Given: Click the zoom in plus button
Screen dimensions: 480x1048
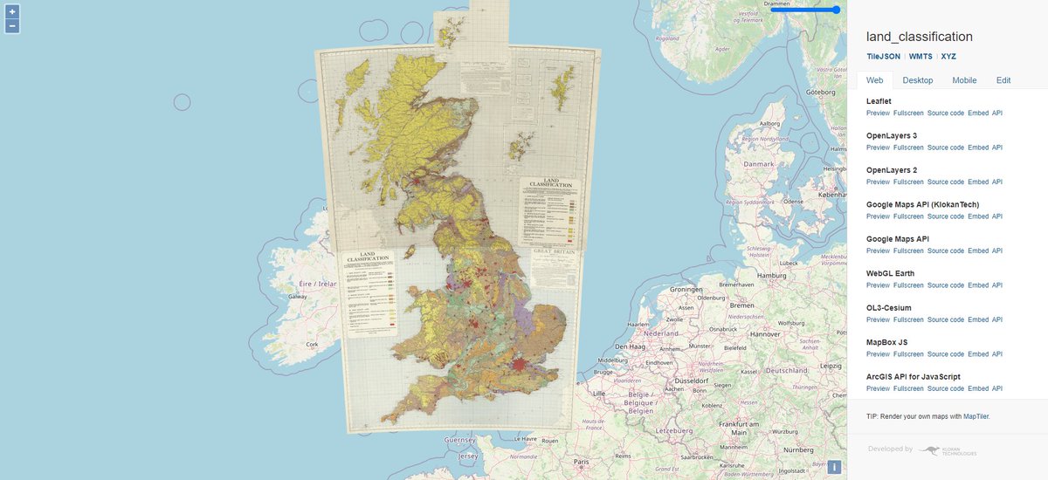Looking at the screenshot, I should (x=12, y=12).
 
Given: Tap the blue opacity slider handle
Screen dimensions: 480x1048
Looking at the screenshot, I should (x=836, y=10).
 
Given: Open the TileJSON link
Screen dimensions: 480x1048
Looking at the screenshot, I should (x=883, y=56).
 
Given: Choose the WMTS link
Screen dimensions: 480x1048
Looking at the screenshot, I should (x=920, y=56).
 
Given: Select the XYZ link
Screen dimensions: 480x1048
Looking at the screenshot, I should (x=948, y=56).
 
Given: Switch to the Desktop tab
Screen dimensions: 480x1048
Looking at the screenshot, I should (x=917, y=80).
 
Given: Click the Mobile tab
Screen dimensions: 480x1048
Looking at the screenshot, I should (x=964, y=80).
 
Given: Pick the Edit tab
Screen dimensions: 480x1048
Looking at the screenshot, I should (x=1003, y=80).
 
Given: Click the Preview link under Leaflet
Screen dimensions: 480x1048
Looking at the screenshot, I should (x=878, y=113).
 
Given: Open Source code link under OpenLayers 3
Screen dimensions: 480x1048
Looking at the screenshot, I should (x=945, y=147).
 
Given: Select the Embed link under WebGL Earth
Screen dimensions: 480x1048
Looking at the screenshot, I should (x=978, y=285).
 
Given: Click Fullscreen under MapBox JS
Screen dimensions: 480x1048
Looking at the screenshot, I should (x=908, y=354).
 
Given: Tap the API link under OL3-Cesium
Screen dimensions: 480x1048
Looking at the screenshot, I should (x=997, y=319).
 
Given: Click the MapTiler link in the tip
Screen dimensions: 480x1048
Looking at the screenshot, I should (x=976, y=417).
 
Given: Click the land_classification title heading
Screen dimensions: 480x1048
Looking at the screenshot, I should (x=919, y=37).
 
